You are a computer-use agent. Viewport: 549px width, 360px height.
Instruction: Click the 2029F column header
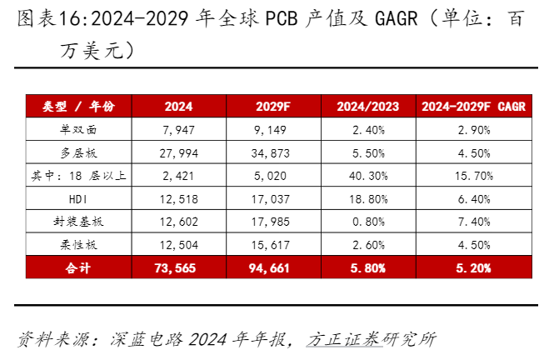(x=273, y=107)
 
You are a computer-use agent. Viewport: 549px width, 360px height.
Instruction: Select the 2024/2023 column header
(x=368, y=107)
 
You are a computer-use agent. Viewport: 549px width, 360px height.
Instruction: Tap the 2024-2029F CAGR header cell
(x=474, y=107)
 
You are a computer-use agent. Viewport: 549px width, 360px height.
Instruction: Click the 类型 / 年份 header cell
(x=78, y=106)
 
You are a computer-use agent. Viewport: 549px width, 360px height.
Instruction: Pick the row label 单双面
(x=78, y=129)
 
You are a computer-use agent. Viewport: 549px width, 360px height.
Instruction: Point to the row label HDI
(x=78, y=199)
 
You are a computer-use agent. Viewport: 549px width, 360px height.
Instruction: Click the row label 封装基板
(x=78, y=222)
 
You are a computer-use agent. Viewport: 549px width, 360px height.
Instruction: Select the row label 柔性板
(x=78, y=245)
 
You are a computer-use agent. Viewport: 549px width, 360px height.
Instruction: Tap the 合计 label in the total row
(x=78, y=267)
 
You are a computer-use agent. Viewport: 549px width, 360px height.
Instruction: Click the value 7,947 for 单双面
(x=178, y=130)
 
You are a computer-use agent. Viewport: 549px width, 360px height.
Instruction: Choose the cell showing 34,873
(x=270, y=153)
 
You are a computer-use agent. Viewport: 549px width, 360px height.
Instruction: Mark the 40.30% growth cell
(x=368, y=176)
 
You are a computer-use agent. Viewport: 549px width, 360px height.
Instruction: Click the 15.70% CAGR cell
(x=474, y=176)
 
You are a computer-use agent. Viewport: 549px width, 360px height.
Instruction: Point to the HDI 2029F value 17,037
(x=270, y=199)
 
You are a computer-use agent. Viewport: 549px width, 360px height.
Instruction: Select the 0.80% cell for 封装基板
(x=368, y=222)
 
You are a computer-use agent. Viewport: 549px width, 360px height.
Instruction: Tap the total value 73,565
(x=175, y=268)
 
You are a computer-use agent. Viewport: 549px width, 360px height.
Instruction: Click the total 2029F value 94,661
(x=269, y=268)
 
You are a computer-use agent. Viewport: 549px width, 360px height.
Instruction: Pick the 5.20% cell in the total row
(x=473, y=268)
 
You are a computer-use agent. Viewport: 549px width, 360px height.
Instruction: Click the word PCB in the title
(x=282, y=18)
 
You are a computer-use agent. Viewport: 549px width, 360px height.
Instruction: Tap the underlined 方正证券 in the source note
(x=344, y=339)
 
